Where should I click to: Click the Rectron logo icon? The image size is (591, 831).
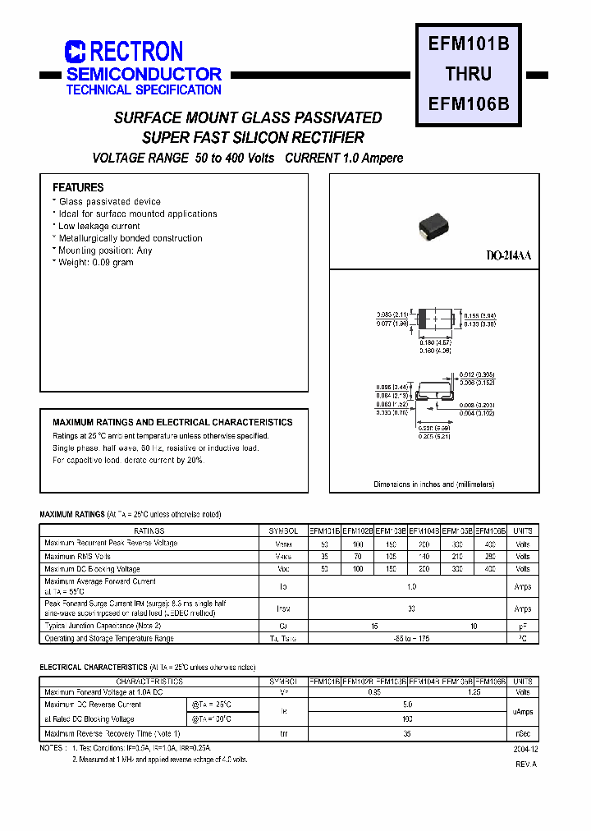[x=75, y=53]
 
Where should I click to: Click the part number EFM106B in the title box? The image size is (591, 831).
[x=469, y=104]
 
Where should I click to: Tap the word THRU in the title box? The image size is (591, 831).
[x=469, y=74]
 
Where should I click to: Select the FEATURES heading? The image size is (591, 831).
[x=78, y=187]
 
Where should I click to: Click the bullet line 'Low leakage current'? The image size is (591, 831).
[x=98, y=226]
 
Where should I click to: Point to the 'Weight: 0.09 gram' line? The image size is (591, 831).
[x=95, y=263]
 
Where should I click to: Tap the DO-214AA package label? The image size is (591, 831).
[x=509, y=256]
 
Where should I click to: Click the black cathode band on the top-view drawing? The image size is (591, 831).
[x=422, y=319]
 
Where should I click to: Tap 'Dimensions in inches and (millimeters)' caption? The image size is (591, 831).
[x=434, y=484]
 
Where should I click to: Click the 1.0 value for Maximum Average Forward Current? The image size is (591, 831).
[x=410, y=586]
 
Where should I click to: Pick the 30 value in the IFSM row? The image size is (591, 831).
[x=410, y=608]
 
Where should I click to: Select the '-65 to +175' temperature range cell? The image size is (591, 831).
[x=410, y=638]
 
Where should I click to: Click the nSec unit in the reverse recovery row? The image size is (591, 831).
[x=523, y=733]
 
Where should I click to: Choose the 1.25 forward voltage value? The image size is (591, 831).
[x=474, y=692]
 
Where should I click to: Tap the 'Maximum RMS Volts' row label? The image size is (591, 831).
[x=78, y=557]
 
